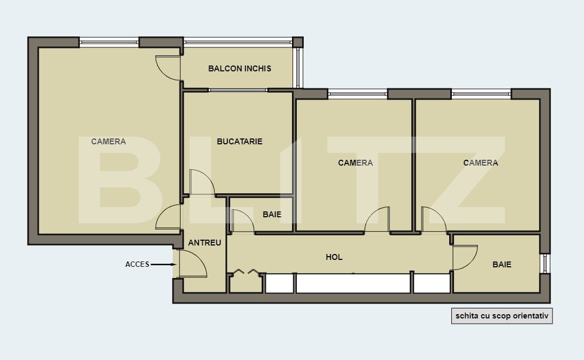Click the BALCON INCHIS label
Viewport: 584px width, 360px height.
pos(239,68)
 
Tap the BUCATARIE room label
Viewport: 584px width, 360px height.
pos(239,142)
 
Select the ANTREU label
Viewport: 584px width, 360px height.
pos(205,242)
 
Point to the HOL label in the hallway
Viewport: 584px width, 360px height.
pos(334,257)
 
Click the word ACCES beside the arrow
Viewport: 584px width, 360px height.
pos(137,264)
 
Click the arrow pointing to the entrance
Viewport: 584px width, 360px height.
pos(163,264)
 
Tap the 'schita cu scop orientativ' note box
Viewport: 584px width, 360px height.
pos(502,315)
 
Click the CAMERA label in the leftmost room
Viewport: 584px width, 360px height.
pos(108,142)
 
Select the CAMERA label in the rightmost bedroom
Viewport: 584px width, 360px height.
pos(481,162)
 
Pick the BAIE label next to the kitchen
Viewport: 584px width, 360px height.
pos(272,215)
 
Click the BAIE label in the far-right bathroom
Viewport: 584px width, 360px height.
pos(501,264)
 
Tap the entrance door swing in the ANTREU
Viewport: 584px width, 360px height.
pos(192,264)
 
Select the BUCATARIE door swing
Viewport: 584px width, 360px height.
pos(202,183)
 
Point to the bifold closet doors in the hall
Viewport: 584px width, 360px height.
pos(246,272)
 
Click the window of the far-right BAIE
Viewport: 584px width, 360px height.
pos(545,264)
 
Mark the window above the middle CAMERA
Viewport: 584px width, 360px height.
pos(357,94)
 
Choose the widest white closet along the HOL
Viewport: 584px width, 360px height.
pos(353,283)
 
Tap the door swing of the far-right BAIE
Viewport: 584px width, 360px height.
pos(465,258)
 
